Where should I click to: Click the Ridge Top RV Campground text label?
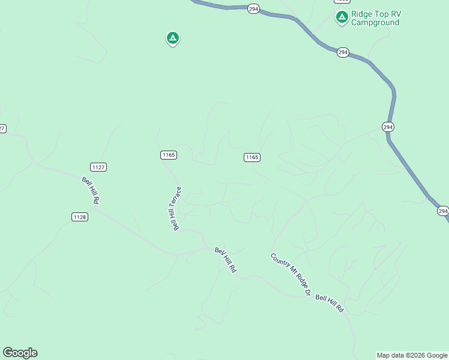click(375, 18)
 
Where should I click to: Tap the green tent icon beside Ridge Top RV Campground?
click(342, 17)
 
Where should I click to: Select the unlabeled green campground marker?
click(172, 38)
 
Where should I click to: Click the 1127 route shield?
click(98, 167)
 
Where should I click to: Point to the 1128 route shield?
click(80, 217)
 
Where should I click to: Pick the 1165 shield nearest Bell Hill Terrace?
click(169, 155)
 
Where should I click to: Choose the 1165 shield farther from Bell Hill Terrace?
click(252, 157)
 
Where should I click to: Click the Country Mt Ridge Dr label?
click(290, 274)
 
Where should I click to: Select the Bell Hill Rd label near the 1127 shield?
click(91, 190)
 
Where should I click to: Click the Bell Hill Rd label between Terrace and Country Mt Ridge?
click(226, 260)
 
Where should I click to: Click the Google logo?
click(20, 353)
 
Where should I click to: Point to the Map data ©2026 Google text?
click(412, 355)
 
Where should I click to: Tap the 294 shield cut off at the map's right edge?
click(442, 211)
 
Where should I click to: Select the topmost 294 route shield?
click(253, 9)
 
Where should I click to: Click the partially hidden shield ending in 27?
click(2, 128)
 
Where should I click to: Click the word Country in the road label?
click(280, 263)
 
